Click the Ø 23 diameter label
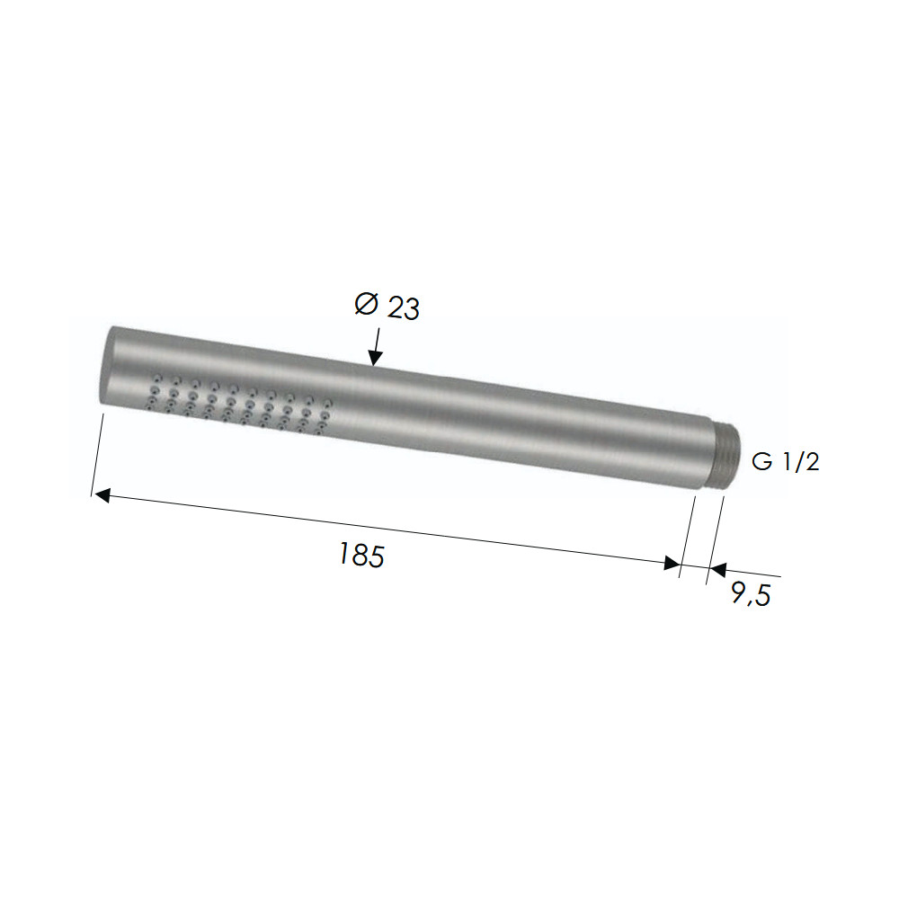(x=387, y=306)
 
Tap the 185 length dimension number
(x=361, y=555)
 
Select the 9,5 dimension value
(x=751, y=593)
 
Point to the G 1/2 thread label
(x=785, y=461)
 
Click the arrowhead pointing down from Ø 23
(x=375, y=358)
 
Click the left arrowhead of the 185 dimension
(x=102, y=494)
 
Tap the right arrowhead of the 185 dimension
(x=672, y=563)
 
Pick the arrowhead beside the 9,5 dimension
(x=717, y=569)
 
